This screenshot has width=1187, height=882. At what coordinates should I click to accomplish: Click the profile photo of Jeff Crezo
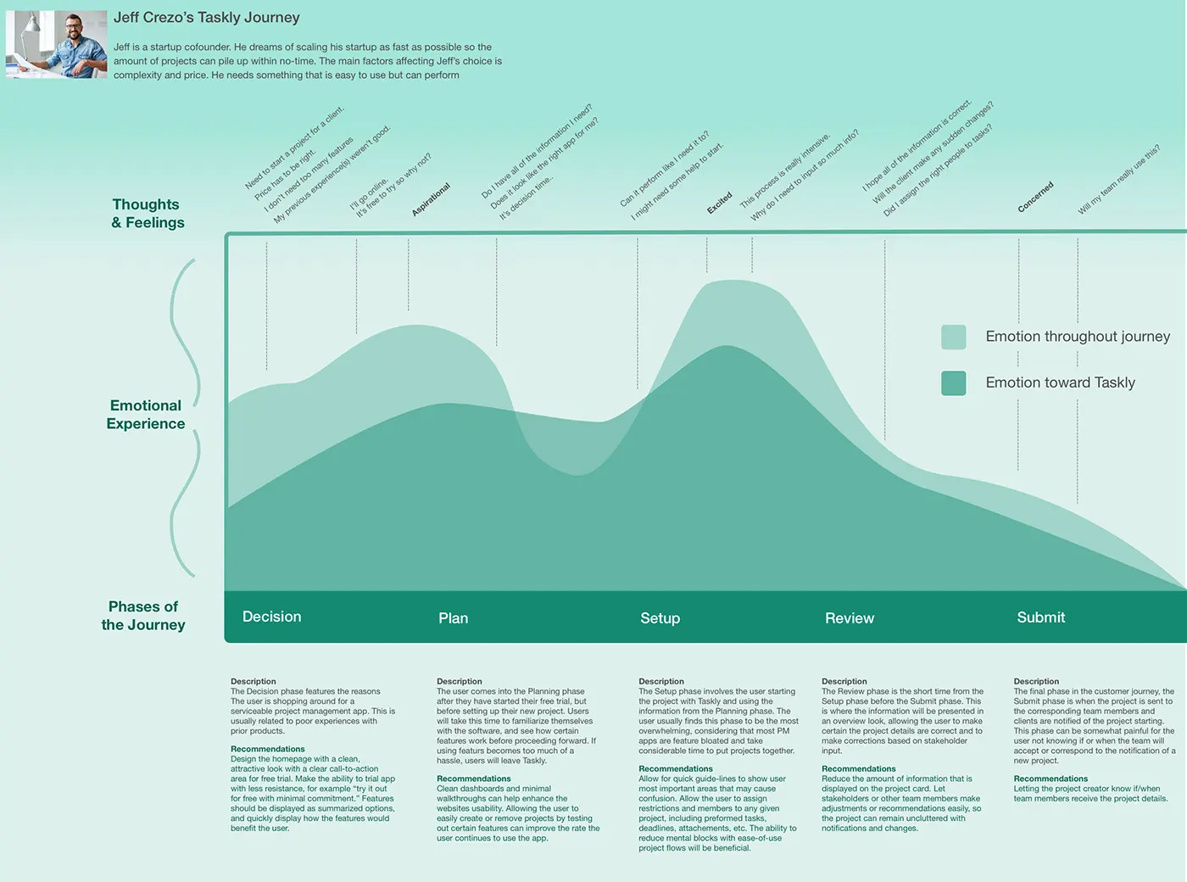pos(56,44)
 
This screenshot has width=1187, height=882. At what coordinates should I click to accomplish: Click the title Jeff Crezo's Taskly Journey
pos(206,18)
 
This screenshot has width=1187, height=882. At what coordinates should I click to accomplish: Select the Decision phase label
pos(271,617)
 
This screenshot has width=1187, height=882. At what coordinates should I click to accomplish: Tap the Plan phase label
pos(453,618)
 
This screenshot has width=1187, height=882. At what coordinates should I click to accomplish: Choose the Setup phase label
pos(660,618)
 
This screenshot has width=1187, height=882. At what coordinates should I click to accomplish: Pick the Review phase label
pos(849,618)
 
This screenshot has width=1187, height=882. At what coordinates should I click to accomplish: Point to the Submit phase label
pos(1040,617)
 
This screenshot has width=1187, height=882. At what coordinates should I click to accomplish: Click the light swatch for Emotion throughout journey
pos(954,337)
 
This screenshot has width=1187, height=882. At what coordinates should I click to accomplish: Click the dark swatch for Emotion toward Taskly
pos(954,383)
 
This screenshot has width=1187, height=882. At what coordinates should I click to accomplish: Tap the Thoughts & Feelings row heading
pos(148,214)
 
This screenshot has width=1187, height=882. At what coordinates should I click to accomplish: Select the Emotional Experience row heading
pos(145,415)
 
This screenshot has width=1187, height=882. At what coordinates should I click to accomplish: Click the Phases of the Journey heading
pos(143,616)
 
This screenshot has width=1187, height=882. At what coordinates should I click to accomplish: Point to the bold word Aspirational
pos(431,199)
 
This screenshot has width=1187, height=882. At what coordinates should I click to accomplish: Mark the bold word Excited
pos(720,203)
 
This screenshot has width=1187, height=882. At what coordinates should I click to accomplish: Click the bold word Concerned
pos(1035,197)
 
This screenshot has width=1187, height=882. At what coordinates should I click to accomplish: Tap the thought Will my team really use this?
pos(1118,180)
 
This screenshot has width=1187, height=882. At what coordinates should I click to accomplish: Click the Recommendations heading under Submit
pos(1050,779)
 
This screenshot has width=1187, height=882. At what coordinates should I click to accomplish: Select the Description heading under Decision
pos(254,681)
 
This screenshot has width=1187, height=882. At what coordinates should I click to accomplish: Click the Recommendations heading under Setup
pos(676,768)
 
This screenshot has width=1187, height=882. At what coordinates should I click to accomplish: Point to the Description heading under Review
pos(844,681)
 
